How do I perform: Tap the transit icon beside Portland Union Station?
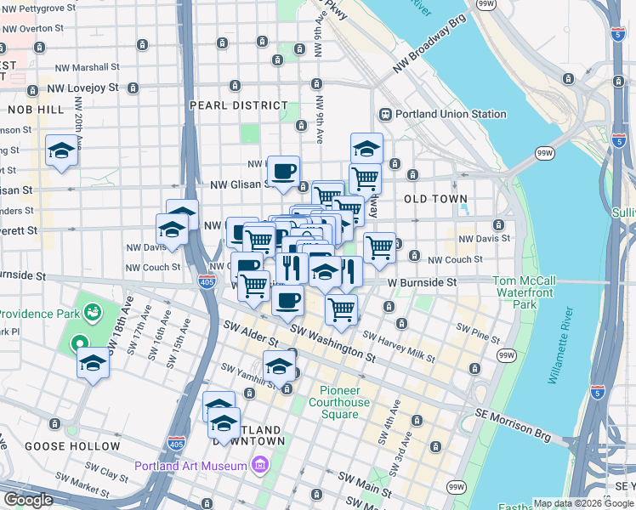coord(385,114)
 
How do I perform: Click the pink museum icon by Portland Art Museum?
coord(258,465)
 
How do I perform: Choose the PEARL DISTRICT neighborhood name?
coord(239,105)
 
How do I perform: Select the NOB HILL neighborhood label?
coord(35,110)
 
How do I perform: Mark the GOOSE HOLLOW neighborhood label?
coord(72,446)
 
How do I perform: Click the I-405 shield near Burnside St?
coord(206,281)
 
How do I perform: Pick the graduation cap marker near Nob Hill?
coord(61,150)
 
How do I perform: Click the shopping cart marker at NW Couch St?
coord(379,247)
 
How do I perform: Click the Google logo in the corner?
coord(29,499)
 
